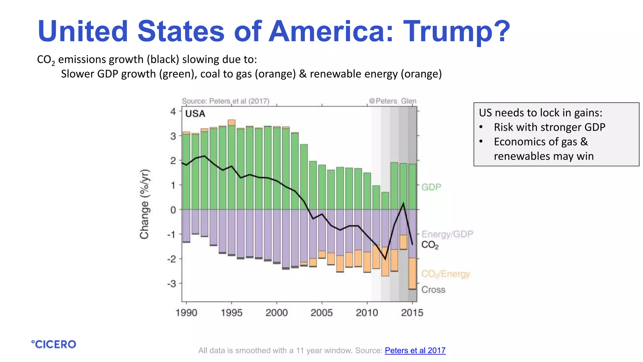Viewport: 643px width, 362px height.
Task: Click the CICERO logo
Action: (54, 344)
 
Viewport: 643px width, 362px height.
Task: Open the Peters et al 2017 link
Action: (415, 350)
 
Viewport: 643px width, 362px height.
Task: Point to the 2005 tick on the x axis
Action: (321, 312)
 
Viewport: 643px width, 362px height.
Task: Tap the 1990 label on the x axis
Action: (186, 312)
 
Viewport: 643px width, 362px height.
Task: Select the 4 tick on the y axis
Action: (173, 111)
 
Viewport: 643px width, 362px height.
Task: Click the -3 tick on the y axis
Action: (172, 284)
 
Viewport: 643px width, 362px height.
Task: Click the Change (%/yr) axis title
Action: (144, 204)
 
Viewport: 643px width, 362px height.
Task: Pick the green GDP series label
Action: (431, 187)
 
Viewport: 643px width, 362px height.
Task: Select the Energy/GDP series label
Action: (447, 234)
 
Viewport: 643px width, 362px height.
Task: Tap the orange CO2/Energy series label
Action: (445, 274)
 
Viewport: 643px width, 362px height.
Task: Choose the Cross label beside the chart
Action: (433, 289)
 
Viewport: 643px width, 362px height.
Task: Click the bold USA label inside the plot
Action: (195, 114)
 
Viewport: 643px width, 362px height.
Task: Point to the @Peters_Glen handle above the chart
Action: (392, 101)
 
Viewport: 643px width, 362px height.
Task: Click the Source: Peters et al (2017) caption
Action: (225, 101)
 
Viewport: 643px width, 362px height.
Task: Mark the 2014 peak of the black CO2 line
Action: (403, 204)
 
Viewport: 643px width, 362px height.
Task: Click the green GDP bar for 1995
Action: (232, 167)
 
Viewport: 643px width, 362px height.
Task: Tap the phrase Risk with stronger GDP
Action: (549, 127)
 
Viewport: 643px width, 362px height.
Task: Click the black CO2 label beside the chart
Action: (430, 245)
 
